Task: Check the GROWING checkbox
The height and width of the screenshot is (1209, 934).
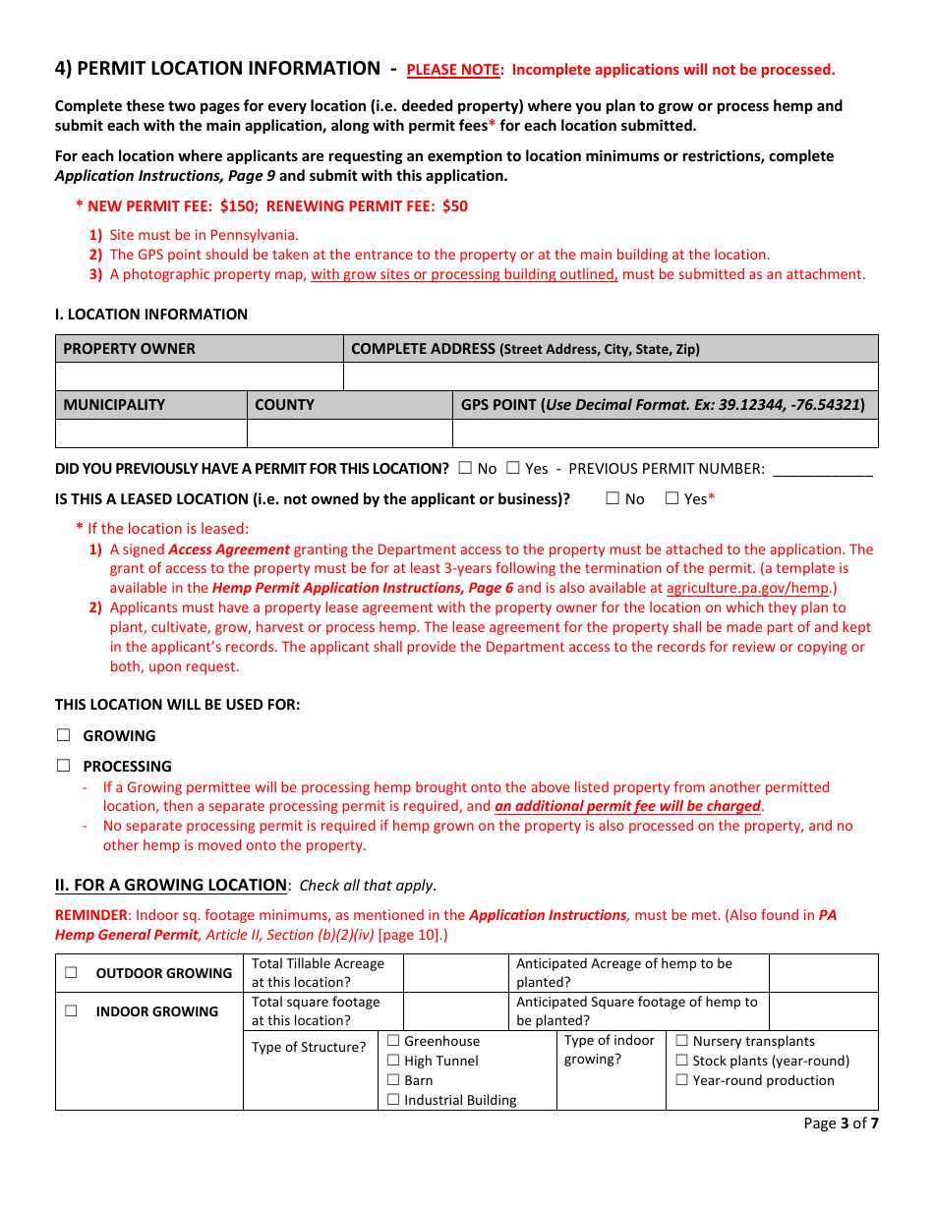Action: tap(64, 735)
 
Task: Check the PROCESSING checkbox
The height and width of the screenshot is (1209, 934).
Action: tap(64, 766)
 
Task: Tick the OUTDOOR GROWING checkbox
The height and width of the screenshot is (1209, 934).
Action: tap(71, 973)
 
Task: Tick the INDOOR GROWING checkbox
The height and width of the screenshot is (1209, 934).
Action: tap(71, 1011)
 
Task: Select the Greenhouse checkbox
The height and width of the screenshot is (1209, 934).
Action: tap(393, 1041)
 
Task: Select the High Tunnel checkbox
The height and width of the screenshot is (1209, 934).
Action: tap(393, 1061)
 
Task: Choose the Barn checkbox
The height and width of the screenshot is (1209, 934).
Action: tap(393, 1080)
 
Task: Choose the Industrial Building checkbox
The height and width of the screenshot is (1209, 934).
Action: tap(393, 1100)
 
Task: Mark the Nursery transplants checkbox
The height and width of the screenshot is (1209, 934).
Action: tap(682, 1041)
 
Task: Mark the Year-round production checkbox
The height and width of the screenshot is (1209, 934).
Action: tap(682, 1080)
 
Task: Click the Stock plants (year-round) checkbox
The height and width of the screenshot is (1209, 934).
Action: tap(682, 1061)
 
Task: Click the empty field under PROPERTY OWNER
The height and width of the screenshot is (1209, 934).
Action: tap(199, 376)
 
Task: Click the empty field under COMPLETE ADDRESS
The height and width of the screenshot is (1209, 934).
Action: tap(610, 376)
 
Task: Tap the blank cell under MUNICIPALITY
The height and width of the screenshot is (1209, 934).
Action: tap(150, 433)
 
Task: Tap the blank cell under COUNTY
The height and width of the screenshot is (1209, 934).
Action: tap(349, 433)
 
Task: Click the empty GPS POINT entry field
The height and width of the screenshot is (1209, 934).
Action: tap(665, 433)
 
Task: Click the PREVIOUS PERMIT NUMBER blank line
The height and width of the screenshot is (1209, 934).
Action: tap(822, 470)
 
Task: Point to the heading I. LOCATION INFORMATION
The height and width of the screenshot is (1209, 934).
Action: tap(151, 315)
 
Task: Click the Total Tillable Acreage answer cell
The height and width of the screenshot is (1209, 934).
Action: tap(455, 973)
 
